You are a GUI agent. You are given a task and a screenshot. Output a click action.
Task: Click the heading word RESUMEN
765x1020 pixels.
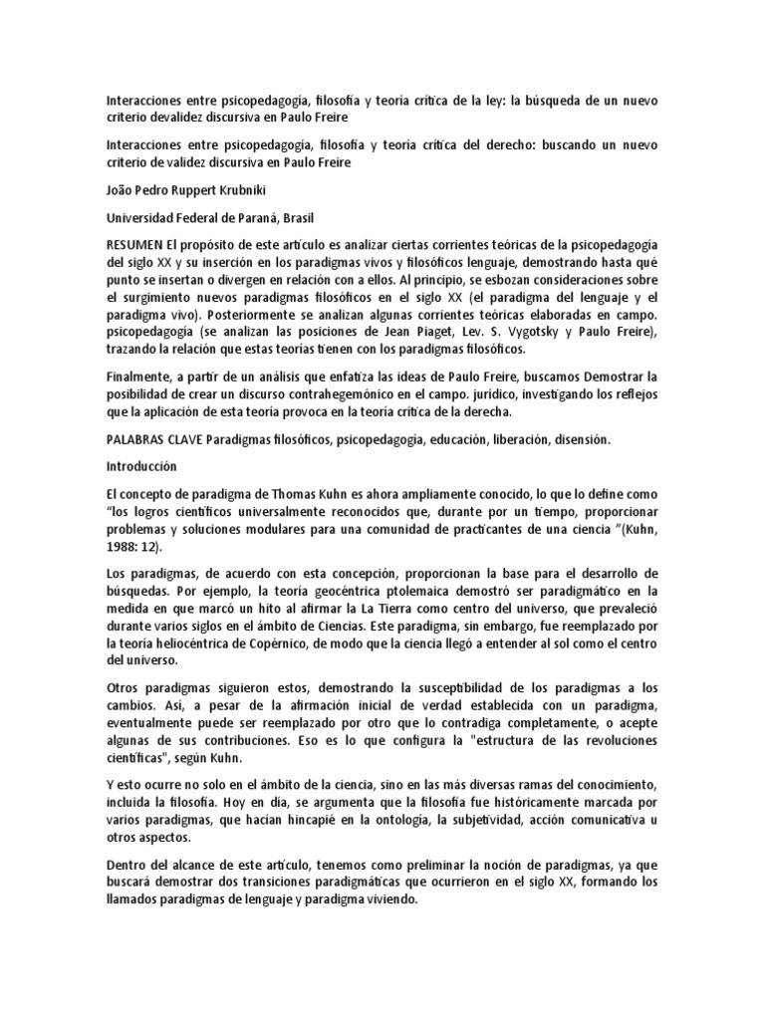tap(136, 244)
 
